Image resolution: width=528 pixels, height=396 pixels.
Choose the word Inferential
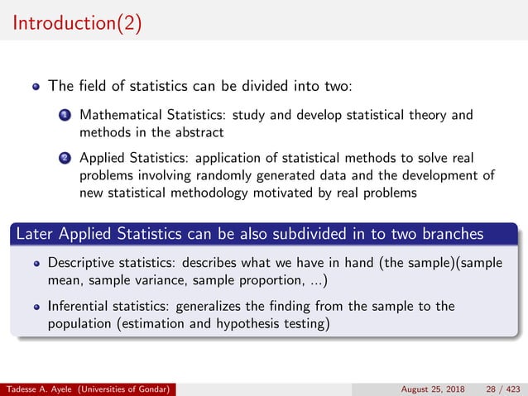pyautogui.click(x=80, y=306)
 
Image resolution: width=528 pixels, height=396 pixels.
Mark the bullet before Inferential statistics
pyautogui.click(x=36, y=307)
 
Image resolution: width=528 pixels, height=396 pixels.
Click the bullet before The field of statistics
pyautogui.click(x=36, y=86)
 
